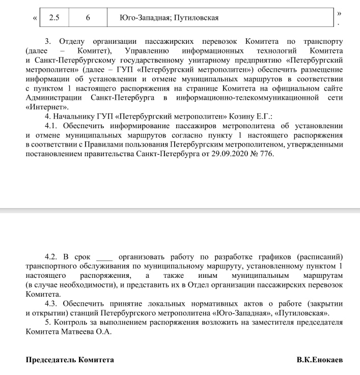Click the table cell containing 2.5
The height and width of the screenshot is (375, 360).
(54, 18)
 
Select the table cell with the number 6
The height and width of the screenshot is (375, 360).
(88, 18)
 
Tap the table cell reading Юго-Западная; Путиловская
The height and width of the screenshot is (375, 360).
(169, 18)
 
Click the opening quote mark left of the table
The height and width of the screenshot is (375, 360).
(35, 18)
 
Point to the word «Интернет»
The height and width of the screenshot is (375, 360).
(46, 107)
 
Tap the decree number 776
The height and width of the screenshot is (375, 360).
(266, 154)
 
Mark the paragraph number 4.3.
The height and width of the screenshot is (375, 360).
(52, 304)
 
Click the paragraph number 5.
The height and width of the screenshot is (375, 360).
(48, 323)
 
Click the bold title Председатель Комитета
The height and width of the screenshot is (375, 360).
(70, 360)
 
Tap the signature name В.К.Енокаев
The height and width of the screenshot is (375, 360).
(320, 360)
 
